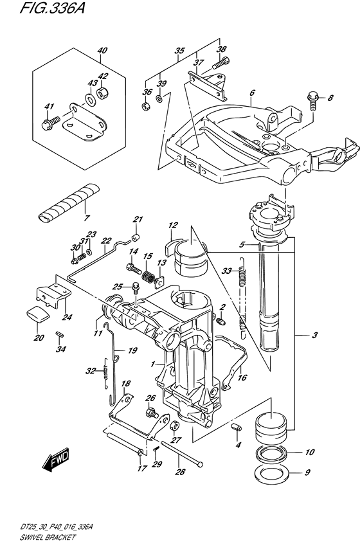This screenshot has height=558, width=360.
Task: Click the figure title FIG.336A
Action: coord(53,8)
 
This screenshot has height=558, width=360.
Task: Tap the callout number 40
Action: coord(102,51)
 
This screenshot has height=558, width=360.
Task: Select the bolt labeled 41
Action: coord(51,123)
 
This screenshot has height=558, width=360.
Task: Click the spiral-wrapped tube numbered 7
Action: coord(69,202)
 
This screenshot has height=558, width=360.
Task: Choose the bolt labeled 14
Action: coord(134,267)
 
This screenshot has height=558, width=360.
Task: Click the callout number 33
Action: coord(226,271)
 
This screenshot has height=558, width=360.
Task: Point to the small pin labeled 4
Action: coord(237,427)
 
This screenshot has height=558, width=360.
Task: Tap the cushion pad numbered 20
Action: coord(38,314)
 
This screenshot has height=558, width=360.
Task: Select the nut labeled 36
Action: coord(145,105)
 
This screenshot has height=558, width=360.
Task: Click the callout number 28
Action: coord(181,472)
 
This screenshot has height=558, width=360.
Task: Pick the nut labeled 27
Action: coord(175,426)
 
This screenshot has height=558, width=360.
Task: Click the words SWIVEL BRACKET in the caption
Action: coord(48,537)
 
